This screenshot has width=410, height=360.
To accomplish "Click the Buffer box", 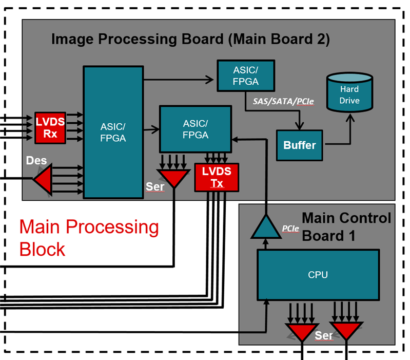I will point(300,145).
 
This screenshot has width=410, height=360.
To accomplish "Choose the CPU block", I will point(318,275).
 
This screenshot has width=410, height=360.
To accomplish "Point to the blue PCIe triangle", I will point(266,226).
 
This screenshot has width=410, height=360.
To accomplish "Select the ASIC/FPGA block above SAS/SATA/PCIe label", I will point(245,77).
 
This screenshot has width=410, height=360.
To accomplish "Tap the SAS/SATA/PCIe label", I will point(283,102).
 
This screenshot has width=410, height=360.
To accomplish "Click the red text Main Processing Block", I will point(88,238).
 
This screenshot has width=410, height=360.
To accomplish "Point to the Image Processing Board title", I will point(190,39).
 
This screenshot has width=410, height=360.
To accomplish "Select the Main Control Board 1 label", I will point(346,226).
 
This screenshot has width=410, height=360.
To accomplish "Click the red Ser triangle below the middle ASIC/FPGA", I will point(174,178).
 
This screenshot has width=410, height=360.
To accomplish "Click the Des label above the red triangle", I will point(36,161).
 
